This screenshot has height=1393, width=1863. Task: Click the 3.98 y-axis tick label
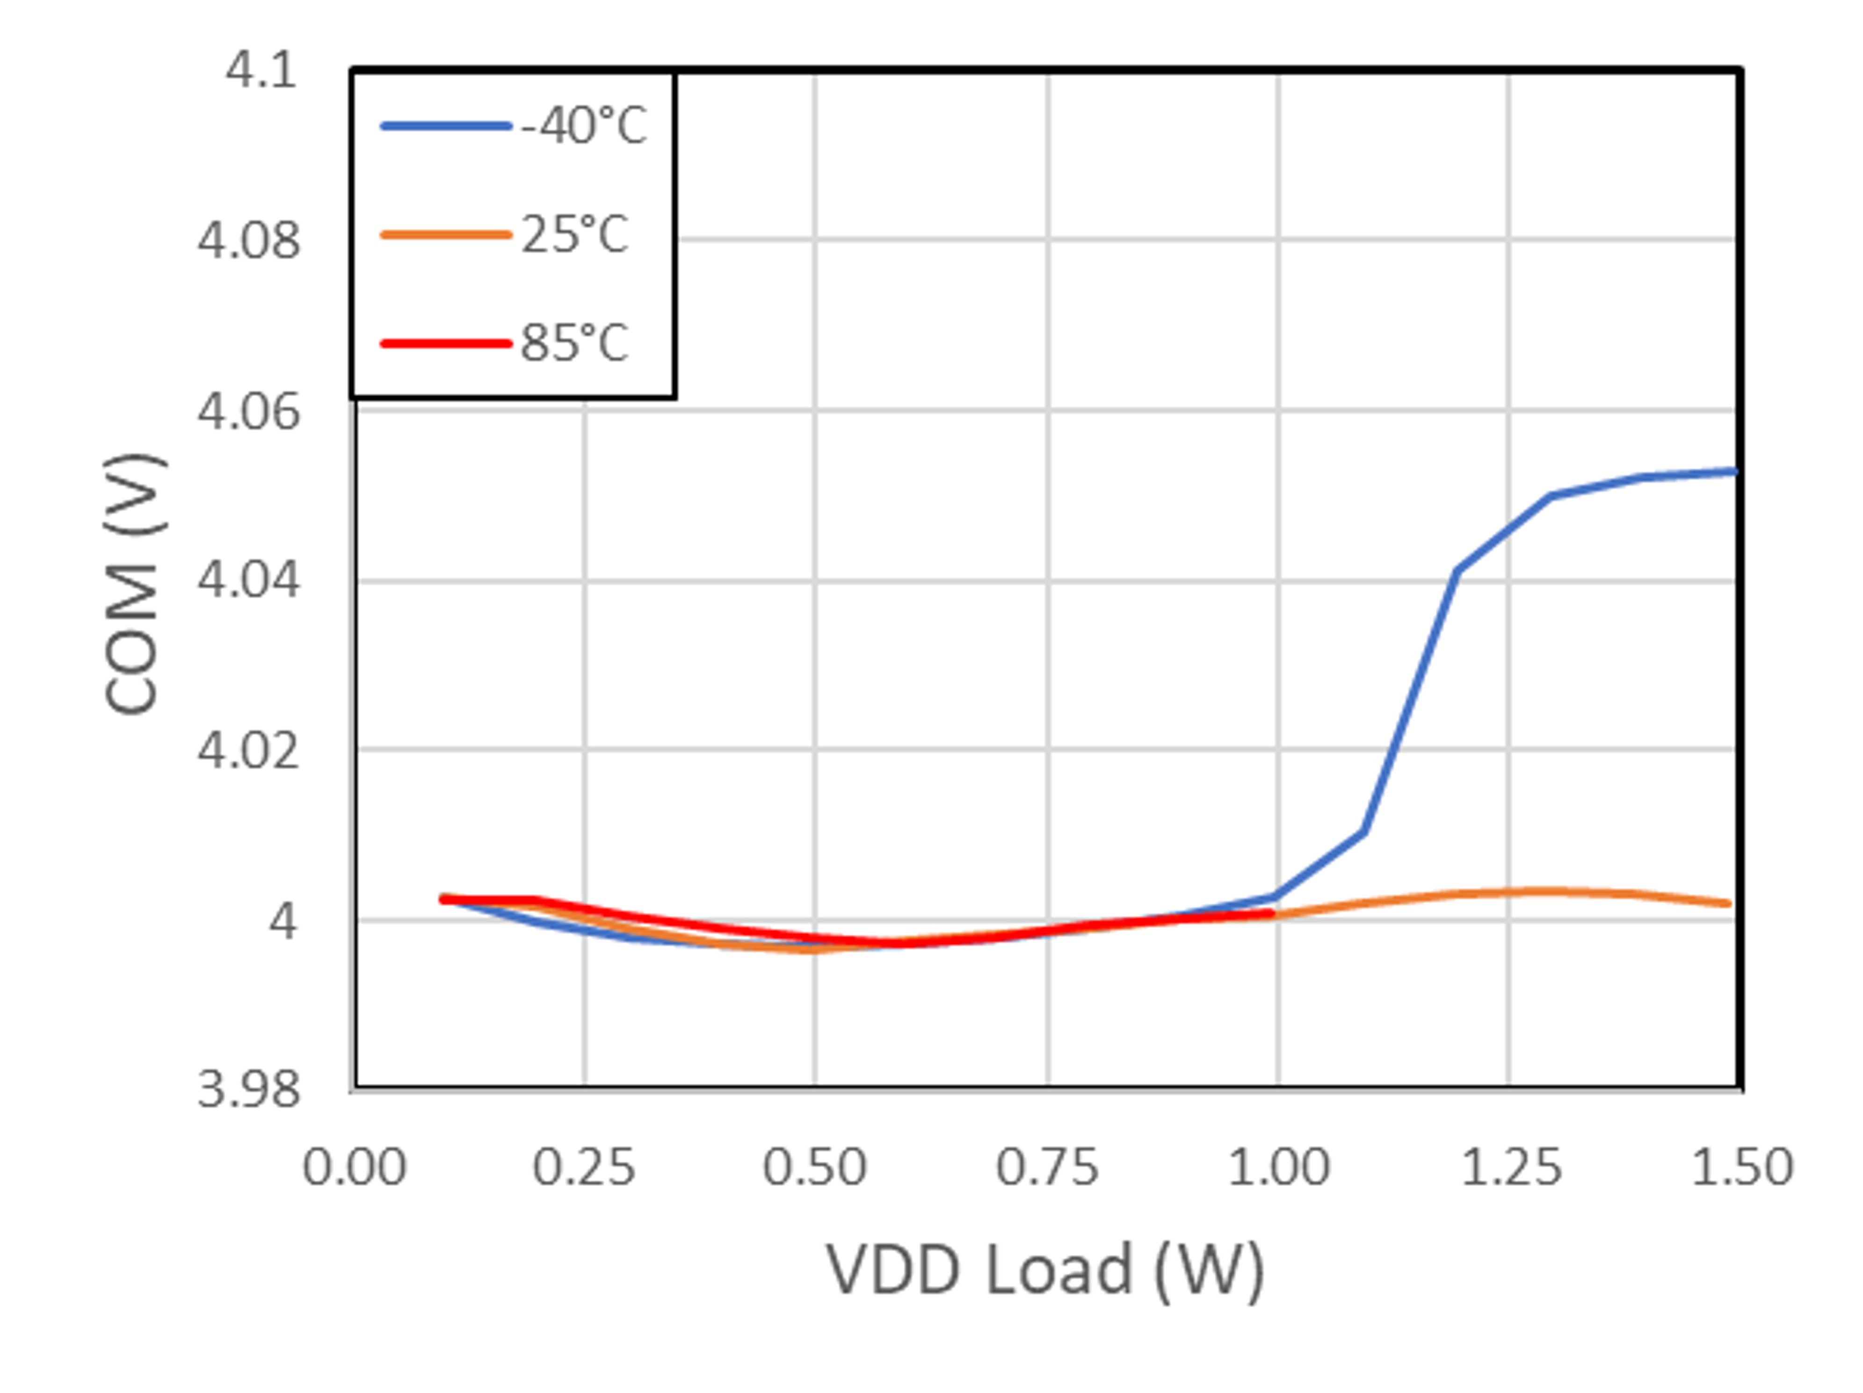[x=248, y=1089]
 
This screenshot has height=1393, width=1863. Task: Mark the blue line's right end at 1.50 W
[x=1733, y=472]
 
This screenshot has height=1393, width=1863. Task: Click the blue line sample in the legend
[x=446, y=126]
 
